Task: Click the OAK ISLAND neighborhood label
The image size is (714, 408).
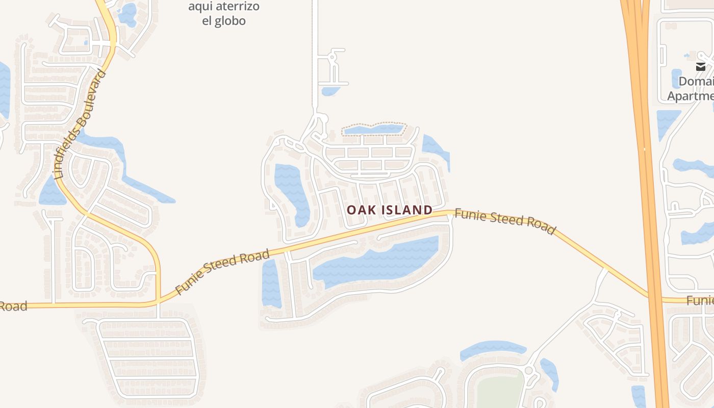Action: pos(390,210)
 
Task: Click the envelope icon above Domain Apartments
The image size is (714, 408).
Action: pos(700,66)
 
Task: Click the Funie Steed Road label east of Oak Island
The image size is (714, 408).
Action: pos(504,221)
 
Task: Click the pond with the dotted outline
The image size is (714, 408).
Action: pos(373,129)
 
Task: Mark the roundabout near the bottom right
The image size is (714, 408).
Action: pos(528,371)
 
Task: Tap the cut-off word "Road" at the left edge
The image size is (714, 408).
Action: pos(12,306)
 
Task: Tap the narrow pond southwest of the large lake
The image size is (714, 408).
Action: pos(271,283)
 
